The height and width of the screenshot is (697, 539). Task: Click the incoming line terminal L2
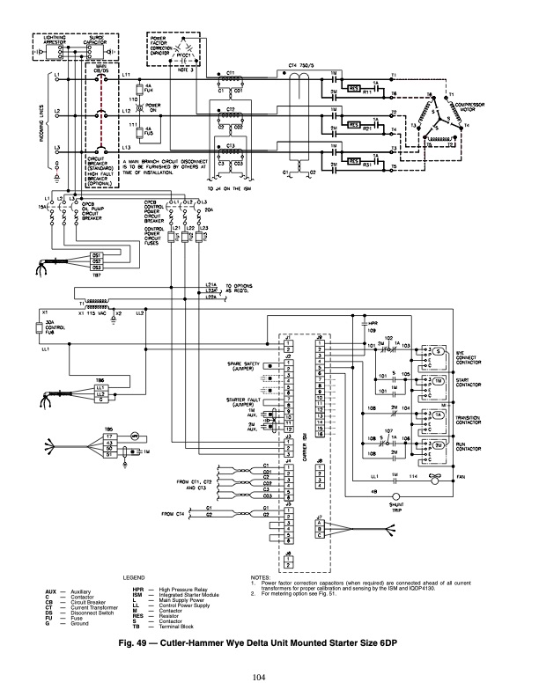(x=59, y=113)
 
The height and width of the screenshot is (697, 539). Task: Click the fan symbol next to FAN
(x=432, y=475)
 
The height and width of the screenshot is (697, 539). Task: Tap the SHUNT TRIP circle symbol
(x=384, y=495)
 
